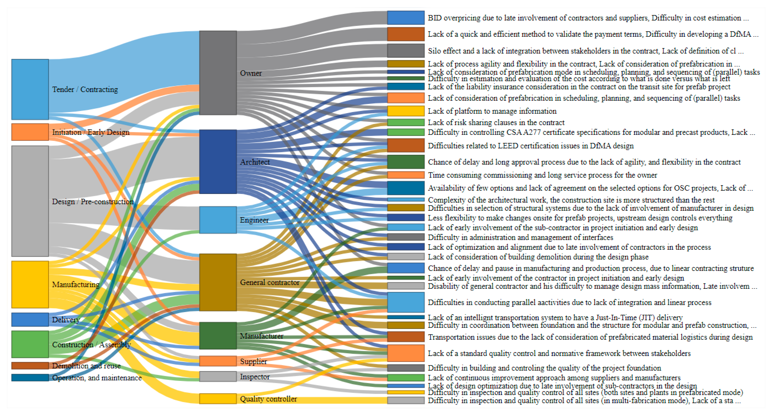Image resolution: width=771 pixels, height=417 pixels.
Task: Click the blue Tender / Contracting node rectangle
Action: point(30,89)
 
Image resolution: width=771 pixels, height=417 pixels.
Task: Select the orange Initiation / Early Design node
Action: point(30,132)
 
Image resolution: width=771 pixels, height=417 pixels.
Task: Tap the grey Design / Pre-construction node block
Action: point(30,201)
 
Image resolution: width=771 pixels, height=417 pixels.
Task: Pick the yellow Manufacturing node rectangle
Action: point(30,284)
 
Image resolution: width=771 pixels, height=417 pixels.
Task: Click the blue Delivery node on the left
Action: point(30,320)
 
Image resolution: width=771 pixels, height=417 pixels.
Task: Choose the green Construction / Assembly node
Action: point(30,344)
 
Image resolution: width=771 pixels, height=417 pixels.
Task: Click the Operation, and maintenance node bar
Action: point(30,377)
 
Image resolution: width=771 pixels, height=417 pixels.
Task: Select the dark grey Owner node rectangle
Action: point(218,73)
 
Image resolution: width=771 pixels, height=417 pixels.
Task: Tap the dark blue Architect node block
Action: point(218,162)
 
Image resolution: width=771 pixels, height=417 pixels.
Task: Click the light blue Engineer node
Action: point(218,220)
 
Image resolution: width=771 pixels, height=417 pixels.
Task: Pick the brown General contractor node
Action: point(218,282)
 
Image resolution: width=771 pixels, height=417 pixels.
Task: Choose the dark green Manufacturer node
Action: point(218,336)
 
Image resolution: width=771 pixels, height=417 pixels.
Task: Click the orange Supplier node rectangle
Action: point(218,361)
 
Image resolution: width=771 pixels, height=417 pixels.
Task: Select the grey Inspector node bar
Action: point(218,376)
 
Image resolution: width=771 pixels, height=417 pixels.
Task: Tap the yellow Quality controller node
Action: point(218,399)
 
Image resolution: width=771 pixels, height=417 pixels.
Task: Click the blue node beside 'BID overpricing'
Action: point(405,18)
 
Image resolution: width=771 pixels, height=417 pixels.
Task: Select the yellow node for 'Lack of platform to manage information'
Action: point(405,111)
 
